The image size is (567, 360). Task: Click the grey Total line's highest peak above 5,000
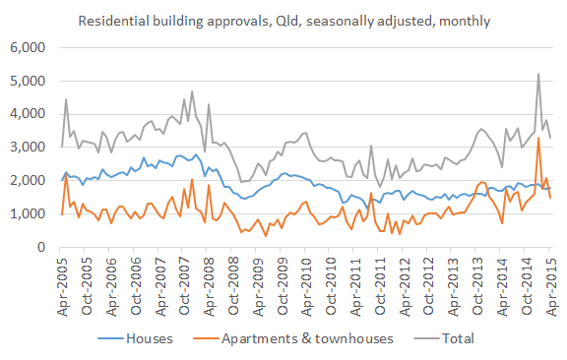537,74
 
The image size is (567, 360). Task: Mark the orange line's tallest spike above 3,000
537,138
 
